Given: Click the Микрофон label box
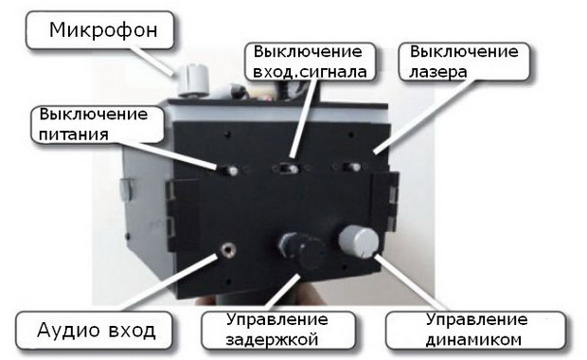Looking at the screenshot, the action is point(99,30).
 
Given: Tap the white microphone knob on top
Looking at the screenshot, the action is point(193,80).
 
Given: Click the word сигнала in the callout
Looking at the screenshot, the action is point(333,72).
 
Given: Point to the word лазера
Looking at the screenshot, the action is point(438,72).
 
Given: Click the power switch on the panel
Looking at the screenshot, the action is point(227,171).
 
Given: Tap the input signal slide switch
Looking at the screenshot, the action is point(288,169).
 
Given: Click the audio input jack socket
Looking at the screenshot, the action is point(227,250).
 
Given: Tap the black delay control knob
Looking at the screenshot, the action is point(302,249).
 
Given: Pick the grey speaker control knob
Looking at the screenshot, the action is point(359,242).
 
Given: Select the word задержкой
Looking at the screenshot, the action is point(272,340).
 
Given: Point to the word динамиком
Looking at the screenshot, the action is point(473,340).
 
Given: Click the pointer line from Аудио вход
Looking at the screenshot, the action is point(170,283).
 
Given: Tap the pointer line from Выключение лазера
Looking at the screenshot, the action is point(422,117).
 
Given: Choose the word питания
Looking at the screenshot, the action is point(74,135).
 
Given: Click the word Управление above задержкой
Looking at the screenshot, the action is point(277,320).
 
